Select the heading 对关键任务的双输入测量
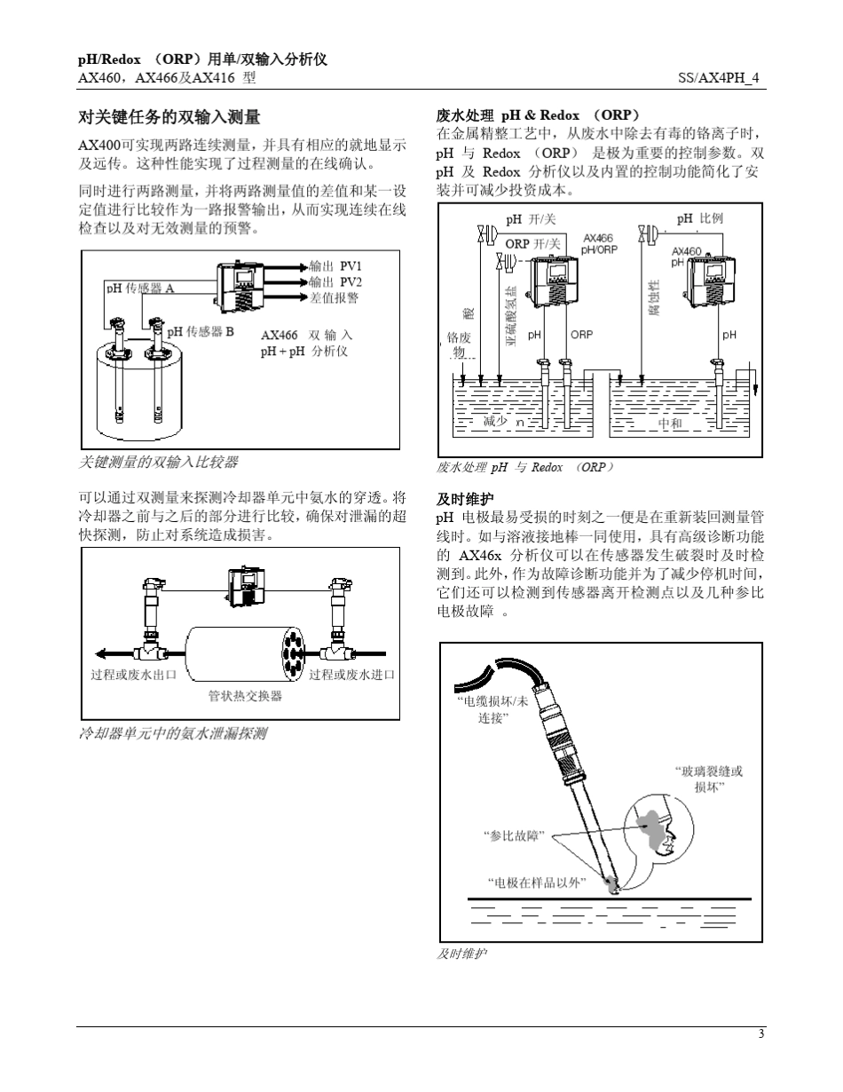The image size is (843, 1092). (169, 116)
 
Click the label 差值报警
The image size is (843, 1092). (335, 297)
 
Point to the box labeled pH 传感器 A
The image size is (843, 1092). (140, 288)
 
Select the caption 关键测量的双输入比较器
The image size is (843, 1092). (159, 462)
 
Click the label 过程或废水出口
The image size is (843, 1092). (133, 675)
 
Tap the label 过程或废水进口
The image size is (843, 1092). (351, 675)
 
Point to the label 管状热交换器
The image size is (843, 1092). (245, 696)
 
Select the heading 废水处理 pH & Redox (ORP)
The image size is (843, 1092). (538, 115)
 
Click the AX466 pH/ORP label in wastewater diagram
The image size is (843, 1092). (598, 244)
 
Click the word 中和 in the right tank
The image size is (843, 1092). (671, 423)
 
